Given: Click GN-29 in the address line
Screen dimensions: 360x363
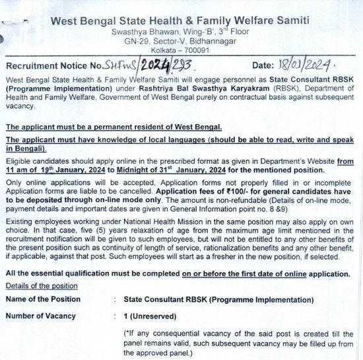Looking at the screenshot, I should point(145,40).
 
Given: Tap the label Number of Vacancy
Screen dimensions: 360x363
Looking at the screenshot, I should point(44,316).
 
